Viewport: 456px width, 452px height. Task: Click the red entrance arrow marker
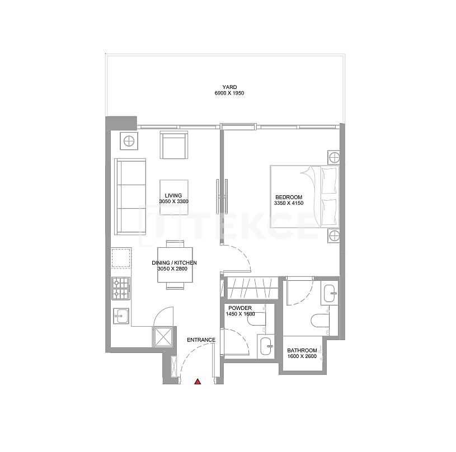[x=198, y=382]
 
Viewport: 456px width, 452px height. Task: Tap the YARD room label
[x=229, y=87]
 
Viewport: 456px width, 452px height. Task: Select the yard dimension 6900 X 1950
[x=229, y=93]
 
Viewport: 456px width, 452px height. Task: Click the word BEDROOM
[x=289, y=197]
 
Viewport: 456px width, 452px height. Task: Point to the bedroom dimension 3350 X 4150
[x=289, y=203]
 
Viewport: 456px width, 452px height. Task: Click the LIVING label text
[x=173, y=195]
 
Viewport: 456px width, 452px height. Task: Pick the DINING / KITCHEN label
[x=174, y=262]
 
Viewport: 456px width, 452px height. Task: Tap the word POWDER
[x=239, y=308]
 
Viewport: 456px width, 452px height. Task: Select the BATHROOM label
[x=302, y=350]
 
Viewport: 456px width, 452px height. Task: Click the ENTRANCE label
[x=201, y=340]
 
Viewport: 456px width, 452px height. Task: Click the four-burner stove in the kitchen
[x=121, y=288]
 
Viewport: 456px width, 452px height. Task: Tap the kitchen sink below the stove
[x=121, y=316]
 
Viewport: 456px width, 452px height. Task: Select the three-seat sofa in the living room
[x=130, y=196]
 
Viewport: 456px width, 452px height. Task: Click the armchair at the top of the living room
[x=174, y=145]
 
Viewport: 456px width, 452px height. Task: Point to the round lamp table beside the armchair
[x=129, y=141]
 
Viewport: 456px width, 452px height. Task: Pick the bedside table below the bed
[x=334, y=236]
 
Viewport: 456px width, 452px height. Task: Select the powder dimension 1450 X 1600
[x=239, y=314]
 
